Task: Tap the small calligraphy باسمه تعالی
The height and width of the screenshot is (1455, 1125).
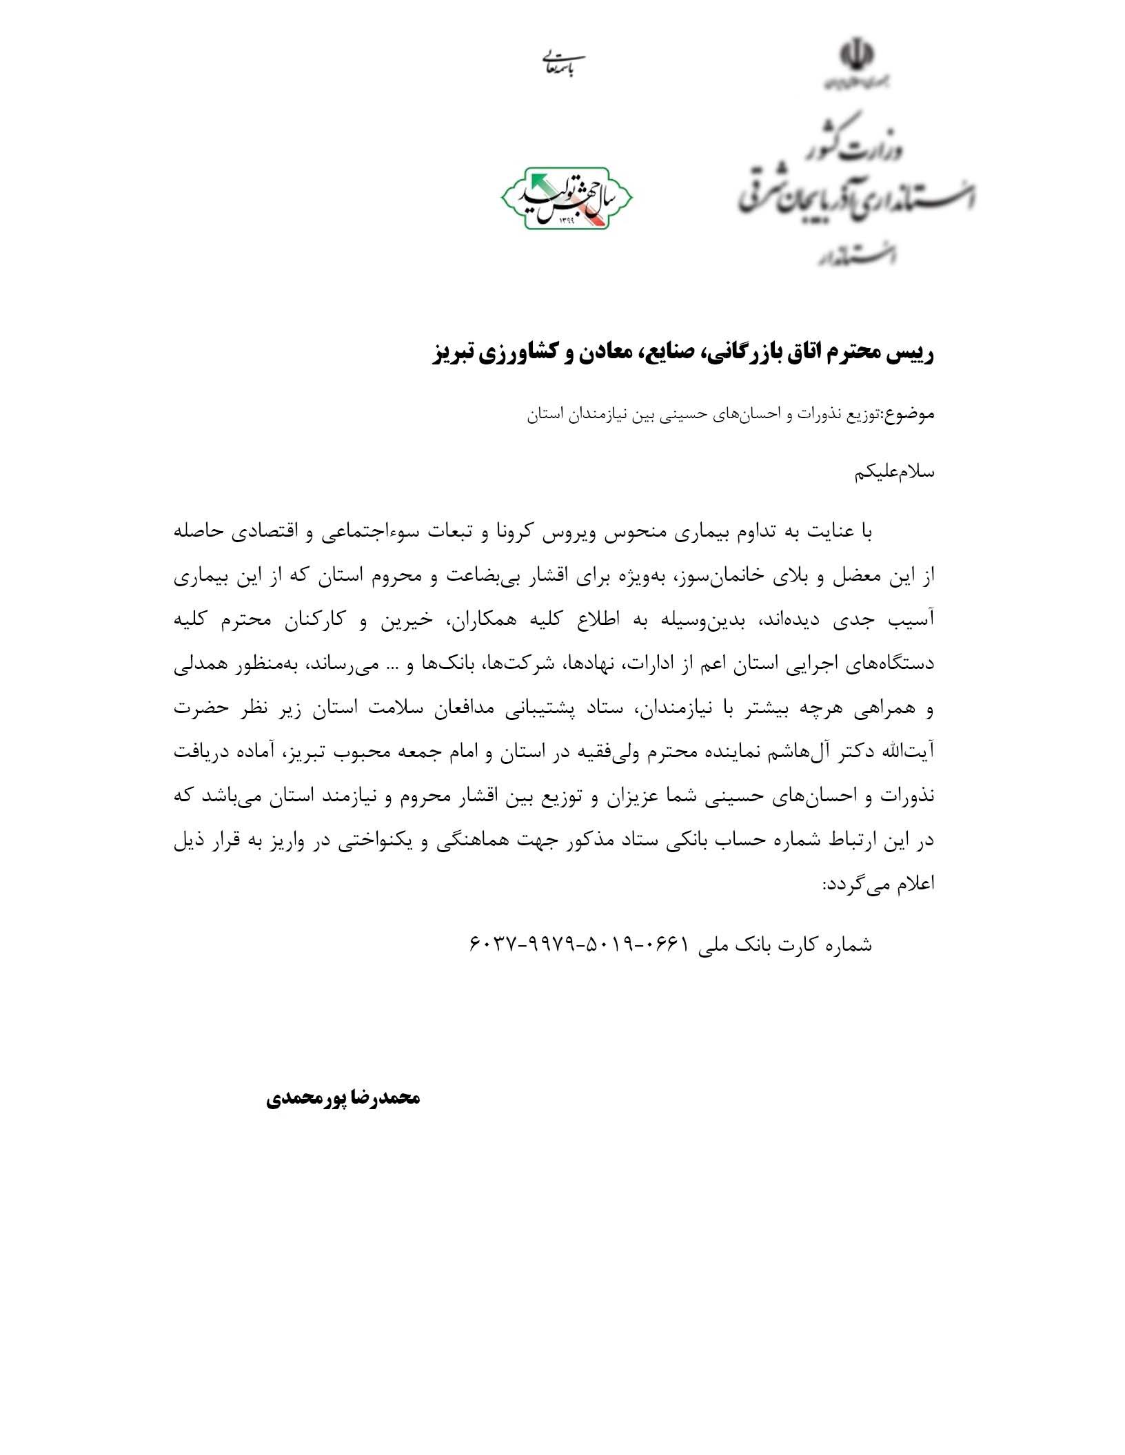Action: point(562,64)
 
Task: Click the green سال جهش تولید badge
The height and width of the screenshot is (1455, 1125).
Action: point(567,198)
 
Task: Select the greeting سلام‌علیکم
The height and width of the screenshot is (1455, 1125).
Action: point(895,473)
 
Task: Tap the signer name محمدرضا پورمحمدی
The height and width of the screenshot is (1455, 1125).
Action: point(343,1097)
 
